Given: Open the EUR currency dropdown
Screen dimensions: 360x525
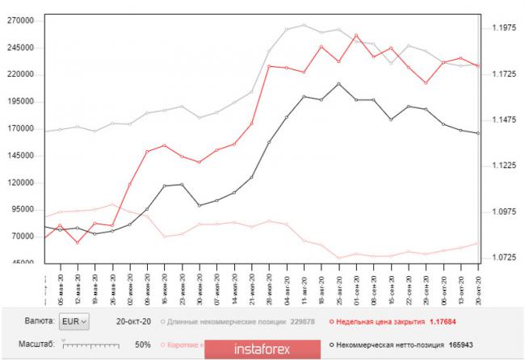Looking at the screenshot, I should pyautogui.click(x=75, y=321).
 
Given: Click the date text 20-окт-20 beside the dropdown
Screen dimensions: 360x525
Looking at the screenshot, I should pyautogui.click(x=133, y=321).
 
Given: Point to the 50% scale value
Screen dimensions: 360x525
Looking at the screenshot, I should pyautogui.click(x=143, y=345).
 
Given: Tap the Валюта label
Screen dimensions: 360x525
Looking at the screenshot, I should pyautogui.click(x=40, y=321).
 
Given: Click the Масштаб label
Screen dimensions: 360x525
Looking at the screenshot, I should pyautogui.click(x=37, y=345).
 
